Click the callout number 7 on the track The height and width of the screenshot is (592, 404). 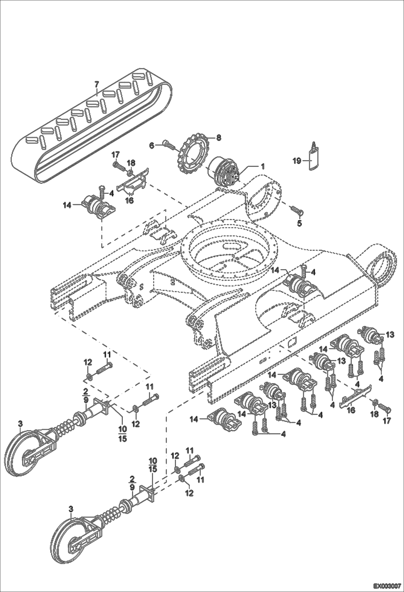pyautogui.click(x=97, y=84)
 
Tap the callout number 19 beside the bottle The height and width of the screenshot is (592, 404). pyautogui.click(x=297, y=161)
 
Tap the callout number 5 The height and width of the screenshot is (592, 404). pyautogui.click(x=299, y=223)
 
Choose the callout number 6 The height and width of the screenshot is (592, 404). pyautogui.click(x=152, y=145)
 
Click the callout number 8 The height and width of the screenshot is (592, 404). pyautogui.click(x=219, y=138)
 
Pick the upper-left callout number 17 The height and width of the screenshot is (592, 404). pyautogui.click(x=115, y=155)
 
